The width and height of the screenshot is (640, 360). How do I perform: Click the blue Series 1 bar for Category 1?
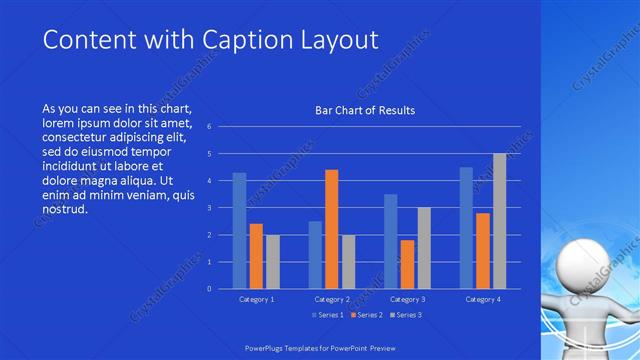tap(239, 231)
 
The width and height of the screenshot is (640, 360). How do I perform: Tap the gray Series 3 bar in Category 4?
tap(499, 221)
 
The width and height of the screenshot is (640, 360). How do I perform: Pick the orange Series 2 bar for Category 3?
tap(407, 264)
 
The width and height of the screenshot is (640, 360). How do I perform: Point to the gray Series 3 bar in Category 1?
tap(273, 262)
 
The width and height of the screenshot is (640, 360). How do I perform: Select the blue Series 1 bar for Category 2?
tap(315, 255)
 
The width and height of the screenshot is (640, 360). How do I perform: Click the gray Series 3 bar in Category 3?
tap(424, 248)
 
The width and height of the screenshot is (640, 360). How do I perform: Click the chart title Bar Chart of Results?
tap(364, 110)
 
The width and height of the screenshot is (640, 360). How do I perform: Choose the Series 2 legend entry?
tap(366, 315)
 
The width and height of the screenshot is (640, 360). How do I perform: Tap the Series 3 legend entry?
tap(407, 315)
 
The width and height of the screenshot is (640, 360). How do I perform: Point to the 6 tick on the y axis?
tap(209, 127)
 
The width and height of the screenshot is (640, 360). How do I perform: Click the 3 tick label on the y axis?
tap(209, 208)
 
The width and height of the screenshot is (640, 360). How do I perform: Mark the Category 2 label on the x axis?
tap(331, 299)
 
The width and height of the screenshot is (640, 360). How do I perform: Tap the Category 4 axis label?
tap(482, 299)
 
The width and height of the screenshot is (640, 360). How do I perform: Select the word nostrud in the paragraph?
tap(66, 210)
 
